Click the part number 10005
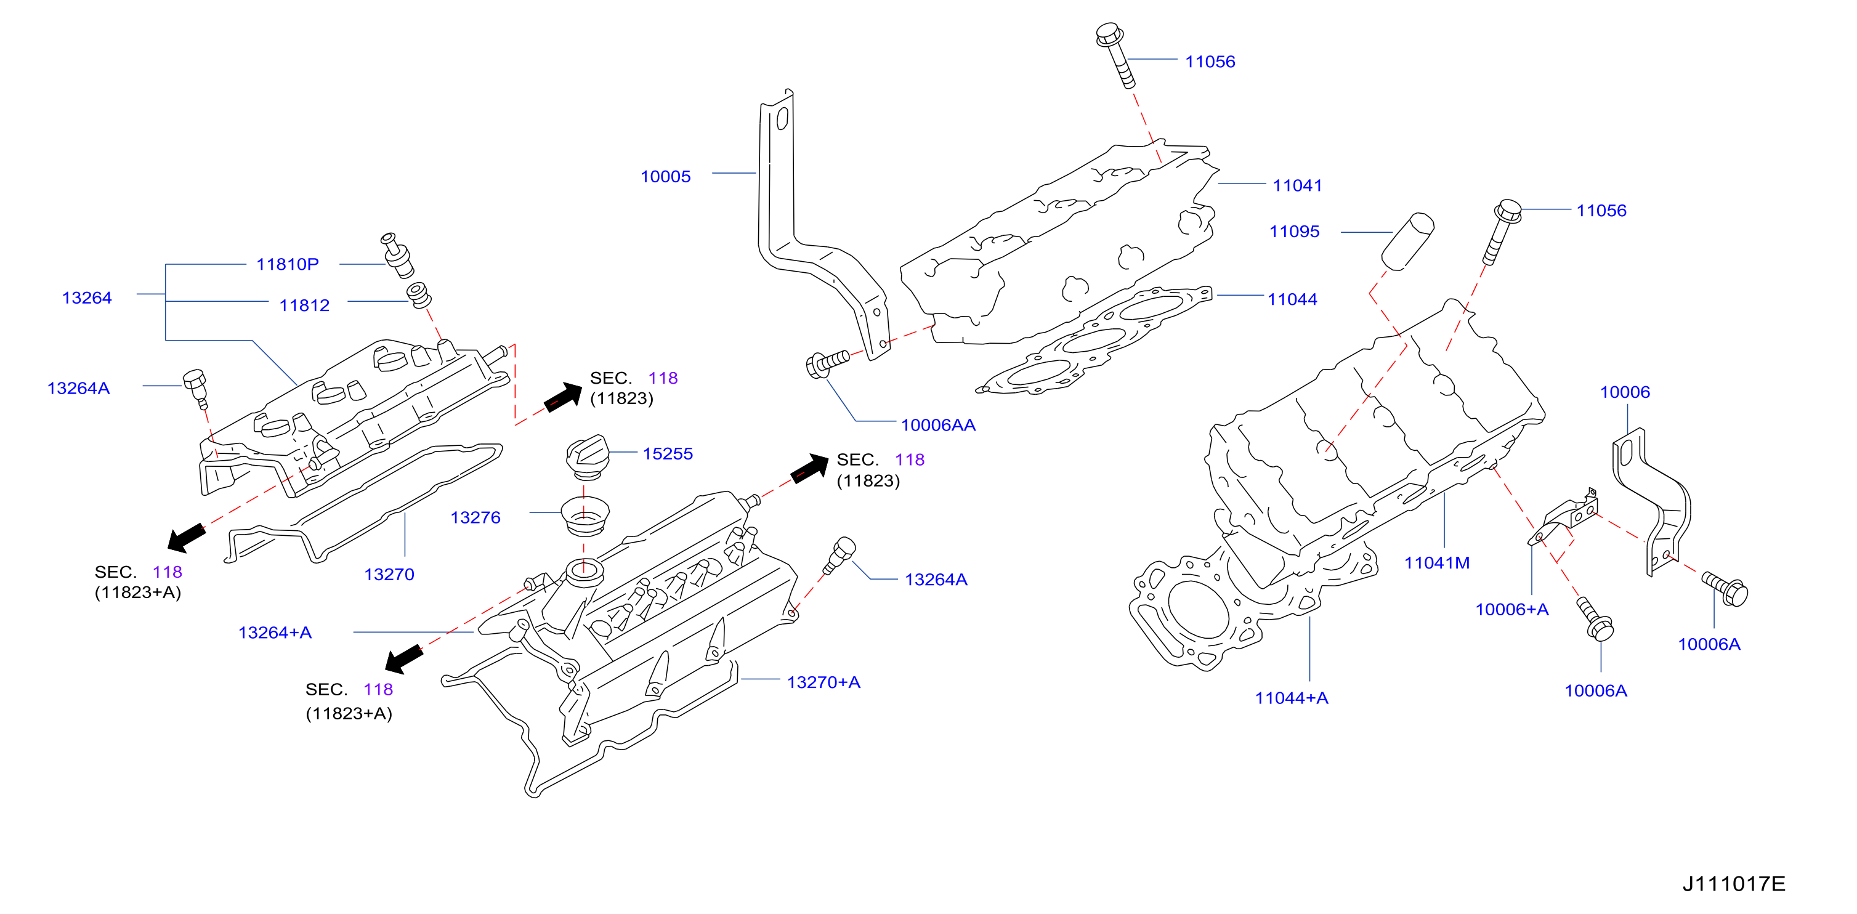pos(665,177)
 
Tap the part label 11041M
pos(1437,563)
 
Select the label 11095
pos(1294,232)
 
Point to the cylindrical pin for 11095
pos(1408,241)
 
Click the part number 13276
pos(475,517)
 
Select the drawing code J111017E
pos(1734,884)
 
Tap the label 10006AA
pos(938,426)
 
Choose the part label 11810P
pos(287,265)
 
